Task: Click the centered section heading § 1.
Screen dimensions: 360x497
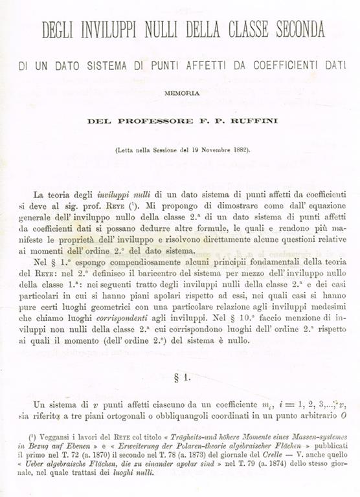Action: point(181,376)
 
